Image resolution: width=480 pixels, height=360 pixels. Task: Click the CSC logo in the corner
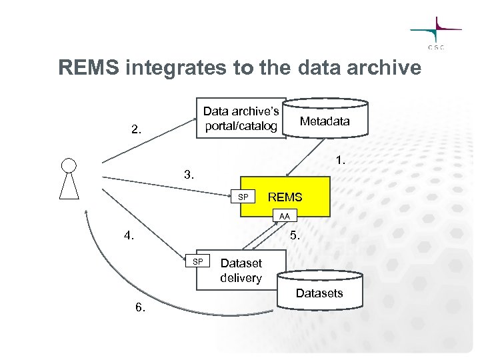437,33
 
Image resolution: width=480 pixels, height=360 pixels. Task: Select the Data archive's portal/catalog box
241,119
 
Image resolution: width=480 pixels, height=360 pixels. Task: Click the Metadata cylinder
325,120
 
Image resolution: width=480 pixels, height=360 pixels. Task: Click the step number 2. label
137,129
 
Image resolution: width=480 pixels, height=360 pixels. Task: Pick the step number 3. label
190,176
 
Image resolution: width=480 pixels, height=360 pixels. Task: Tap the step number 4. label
130,235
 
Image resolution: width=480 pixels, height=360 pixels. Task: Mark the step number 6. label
140,307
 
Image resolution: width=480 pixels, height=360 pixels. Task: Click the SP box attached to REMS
243,197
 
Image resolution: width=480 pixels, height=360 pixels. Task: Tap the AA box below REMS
285,216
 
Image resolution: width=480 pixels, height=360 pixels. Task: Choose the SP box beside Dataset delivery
197,261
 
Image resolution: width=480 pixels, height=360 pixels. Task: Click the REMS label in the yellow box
285,197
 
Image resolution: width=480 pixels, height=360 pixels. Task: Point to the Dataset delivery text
241,271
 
